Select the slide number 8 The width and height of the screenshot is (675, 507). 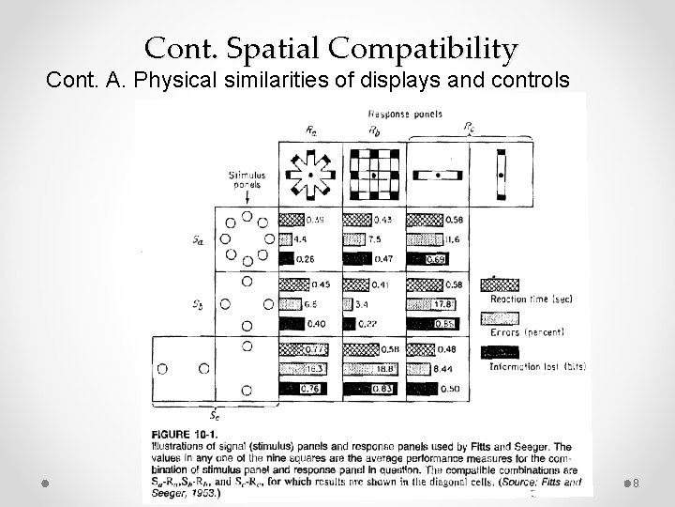pyautogui.click(x=635, y=483)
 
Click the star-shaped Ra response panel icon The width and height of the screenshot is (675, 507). pyautogui.click(x=309, y=173)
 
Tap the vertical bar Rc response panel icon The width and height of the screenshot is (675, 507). pyautogui.click(x=501, y=174)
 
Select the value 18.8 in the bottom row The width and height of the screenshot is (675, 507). pyautogui.click(x=382, y=370)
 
